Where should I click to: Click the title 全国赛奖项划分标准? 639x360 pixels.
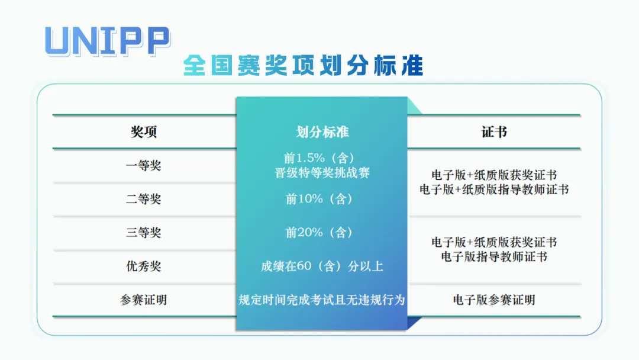[303, 65]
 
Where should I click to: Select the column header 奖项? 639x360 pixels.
[143, 131]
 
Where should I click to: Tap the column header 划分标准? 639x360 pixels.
[322, 131]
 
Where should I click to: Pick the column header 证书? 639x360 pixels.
[494, 131]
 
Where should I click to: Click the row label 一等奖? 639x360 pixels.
[143, 166]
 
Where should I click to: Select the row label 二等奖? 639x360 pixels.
[143, 200]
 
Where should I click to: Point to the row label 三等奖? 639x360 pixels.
[143, 233]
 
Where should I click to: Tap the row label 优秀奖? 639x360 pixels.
[143, 266]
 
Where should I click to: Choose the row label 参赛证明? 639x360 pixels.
[143, 300]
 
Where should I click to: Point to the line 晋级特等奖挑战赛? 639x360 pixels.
[322, 173]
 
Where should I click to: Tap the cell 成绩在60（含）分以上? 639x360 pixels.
[322, 266]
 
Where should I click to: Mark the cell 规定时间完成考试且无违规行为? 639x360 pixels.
[322, 300]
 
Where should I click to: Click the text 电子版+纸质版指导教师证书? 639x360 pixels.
[494, 189]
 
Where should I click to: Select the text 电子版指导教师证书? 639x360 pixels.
[494, 256]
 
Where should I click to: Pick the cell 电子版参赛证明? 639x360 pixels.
[494, 300]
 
